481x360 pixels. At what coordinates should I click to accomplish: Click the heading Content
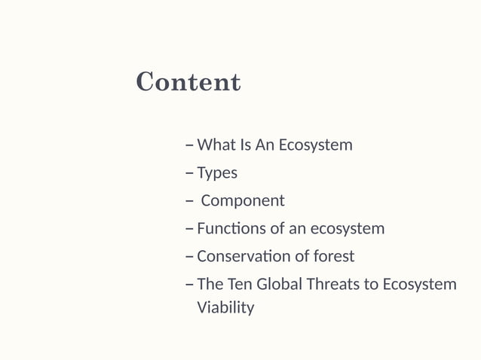tap(188, 82)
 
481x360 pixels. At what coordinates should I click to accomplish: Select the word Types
tap(217, 173)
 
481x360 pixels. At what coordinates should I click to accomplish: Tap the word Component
tap(243, 201)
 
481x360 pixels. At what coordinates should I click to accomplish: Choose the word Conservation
tap(243, 256)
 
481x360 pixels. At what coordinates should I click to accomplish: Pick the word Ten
tap(240, 285)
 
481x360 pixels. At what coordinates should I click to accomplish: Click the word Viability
tap(225, 307)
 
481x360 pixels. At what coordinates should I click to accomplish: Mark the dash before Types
tap(188, 174)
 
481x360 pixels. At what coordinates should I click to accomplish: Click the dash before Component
tap(188, 202)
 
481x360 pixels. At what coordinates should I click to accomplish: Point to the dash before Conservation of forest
tap(188, 257)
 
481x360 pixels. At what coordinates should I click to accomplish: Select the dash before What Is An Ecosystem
tap(188, 145)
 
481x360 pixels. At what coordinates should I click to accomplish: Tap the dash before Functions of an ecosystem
tap(188, 229)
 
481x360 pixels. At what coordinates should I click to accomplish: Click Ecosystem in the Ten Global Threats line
tap(419, 285)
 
